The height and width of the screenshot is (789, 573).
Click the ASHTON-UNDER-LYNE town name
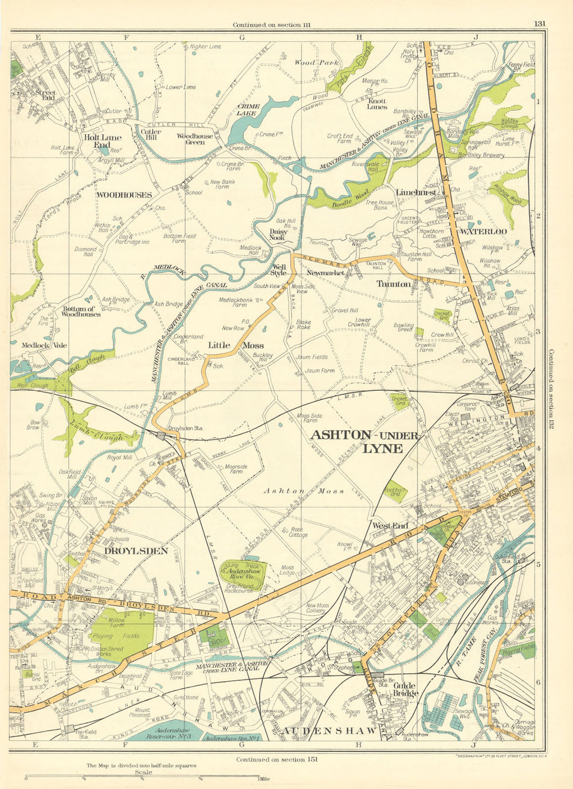tap(364, 441)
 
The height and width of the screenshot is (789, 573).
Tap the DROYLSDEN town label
tap(136, 551)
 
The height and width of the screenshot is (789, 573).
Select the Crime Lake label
tap(249, 110)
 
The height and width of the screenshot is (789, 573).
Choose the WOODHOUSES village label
tap(124, 195)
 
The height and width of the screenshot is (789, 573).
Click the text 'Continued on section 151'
tap(276, 759)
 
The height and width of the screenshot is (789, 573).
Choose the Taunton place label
tap(393, 284)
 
